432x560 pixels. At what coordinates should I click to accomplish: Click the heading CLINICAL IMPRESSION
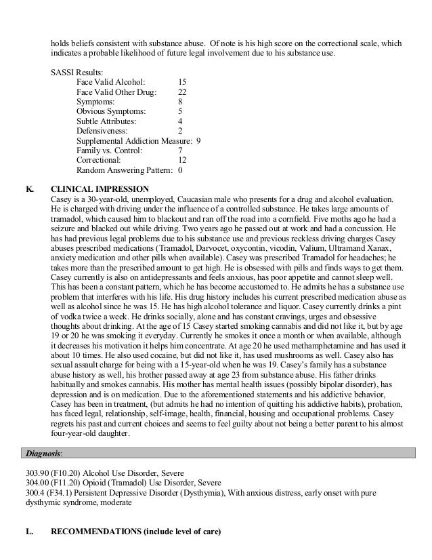click(100, 188)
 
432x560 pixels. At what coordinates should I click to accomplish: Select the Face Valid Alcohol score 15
click(182, 81)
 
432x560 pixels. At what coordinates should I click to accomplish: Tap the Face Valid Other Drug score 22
click(182, 92)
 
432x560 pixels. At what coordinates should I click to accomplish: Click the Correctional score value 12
click(182, 161)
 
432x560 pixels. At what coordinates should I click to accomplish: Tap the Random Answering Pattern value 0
click(180, 171)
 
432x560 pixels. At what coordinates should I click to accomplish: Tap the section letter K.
click(29, 188)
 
